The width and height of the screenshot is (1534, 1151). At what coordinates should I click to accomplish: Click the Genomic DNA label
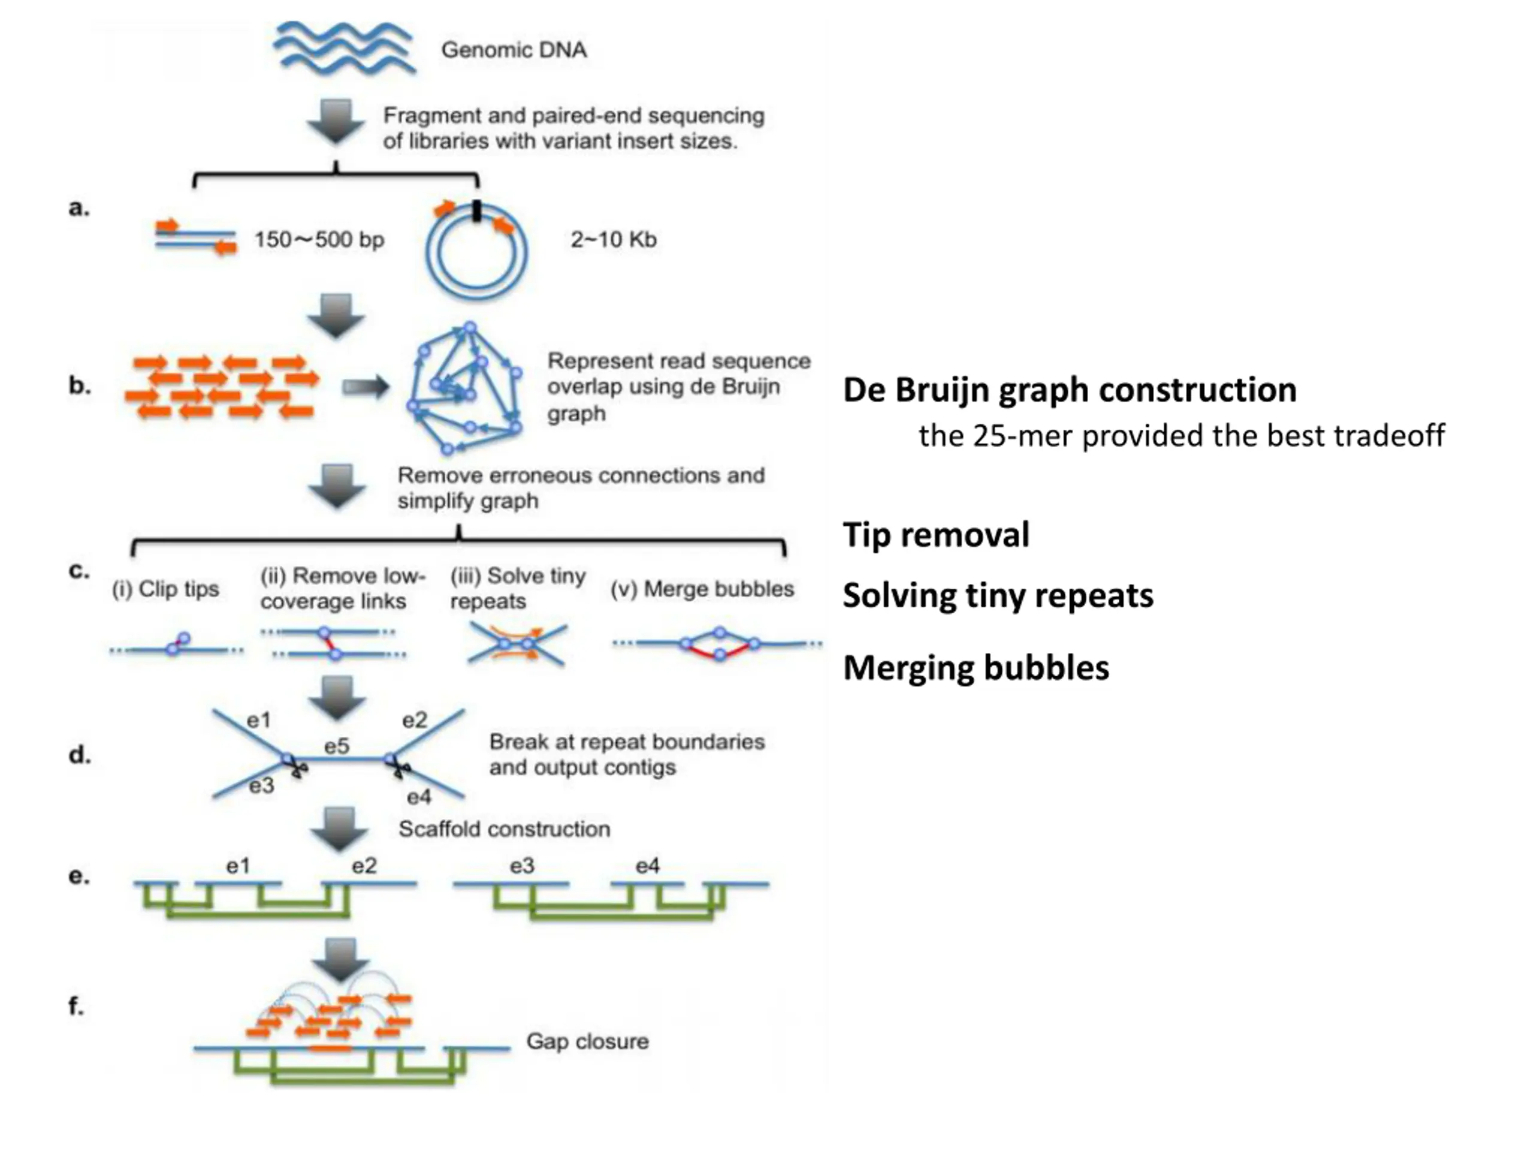tap(514, 50)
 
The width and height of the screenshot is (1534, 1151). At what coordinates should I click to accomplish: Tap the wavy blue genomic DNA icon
tap(344, 47)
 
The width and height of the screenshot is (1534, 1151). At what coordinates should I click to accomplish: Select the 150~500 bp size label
tap(319, 239)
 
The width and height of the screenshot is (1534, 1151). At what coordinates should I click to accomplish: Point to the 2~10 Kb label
tap(613, 239)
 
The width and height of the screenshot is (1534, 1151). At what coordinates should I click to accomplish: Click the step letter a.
tap(79, 207)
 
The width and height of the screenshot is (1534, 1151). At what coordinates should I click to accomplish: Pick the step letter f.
tap(76, 1005)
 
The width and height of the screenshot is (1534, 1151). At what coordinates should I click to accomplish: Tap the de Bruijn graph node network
tap(464, 388)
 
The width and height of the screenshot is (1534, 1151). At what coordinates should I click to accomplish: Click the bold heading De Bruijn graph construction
tap(1070, 390)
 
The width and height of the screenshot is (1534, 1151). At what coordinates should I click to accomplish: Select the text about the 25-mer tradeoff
tap(1182, 436)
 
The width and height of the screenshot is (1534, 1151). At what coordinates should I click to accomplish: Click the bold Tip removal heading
tap(936, 535)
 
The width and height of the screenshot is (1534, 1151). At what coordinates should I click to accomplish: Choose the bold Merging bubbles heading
tap(976, 667)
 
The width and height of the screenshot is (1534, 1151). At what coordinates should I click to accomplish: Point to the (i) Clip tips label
tap(165, 589)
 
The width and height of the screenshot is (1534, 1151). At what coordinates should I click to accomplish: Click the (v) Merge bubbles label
tap(702, 589)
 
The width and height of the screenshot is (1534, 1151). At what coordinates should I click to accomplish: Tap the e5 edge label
tap(336, 746)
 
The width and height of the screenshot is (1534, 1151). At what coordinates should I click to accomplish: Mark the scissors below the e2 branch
tap(400, 767)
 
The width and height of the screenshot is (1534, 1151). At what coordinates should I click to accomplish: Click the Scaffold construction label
tap(504, 829)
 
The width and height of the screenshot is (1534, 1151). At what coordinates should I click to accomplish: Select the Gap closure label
tap(587, 1041)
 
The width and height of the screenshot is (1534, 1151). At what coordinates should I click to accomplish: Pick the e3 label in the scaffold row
tap(522, 866)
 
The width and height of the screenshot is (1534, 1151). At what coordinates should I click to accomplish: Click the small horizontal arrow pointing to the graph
tap(366, 387)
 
